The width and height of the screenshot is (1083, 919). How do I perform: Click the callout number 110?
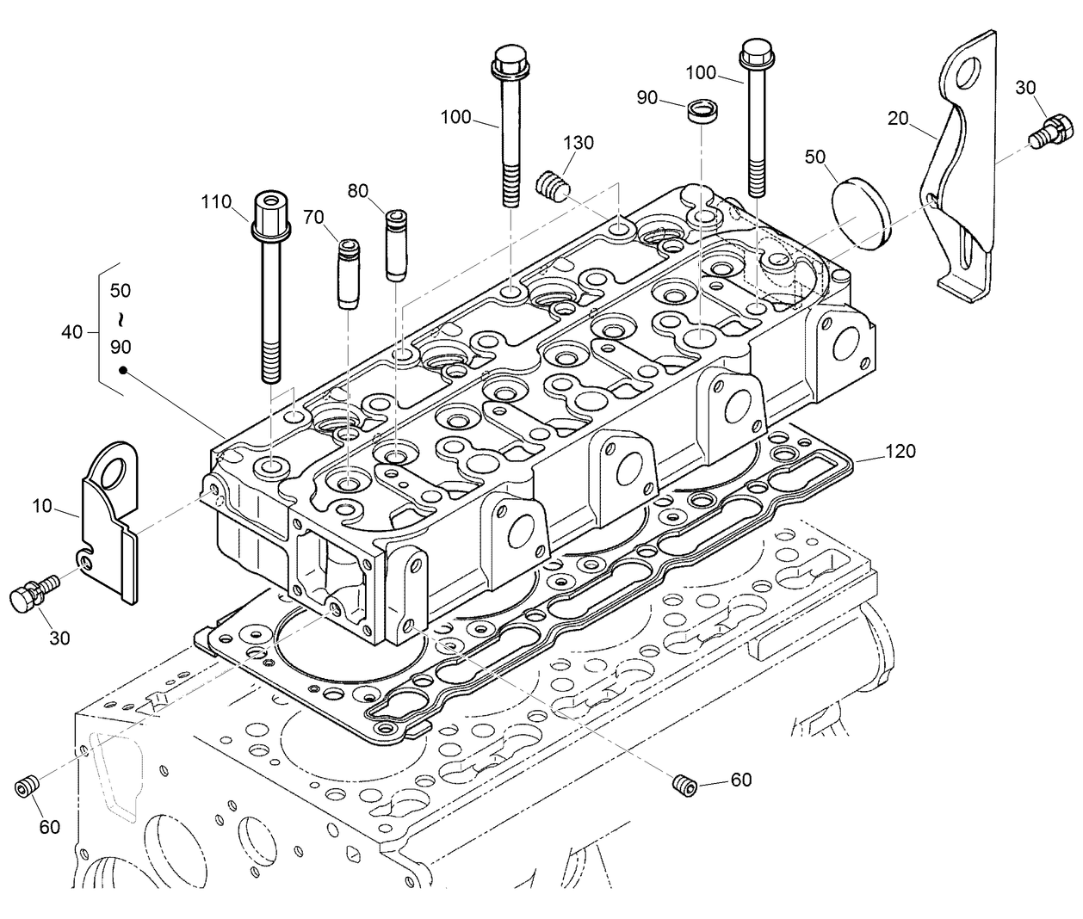[x=216, y=202]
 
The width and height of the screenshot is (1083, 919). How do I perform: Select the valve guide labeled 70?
[x=347, y=274]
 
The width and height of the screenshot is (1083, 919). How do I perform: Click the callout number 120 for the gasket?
[x=900, y=451]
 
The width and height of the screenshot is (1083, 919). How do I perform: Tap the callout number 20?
[x=899, y=118]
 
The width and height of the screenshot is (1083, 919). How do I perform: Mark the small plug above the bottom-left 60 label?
[x=28, y=786]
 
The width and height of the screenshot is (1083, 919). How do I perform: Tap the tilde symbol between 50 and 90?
[x=121, y=320]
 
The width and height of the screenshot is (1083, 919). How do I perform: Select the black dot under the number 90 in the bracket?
[x=122, y=371]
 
